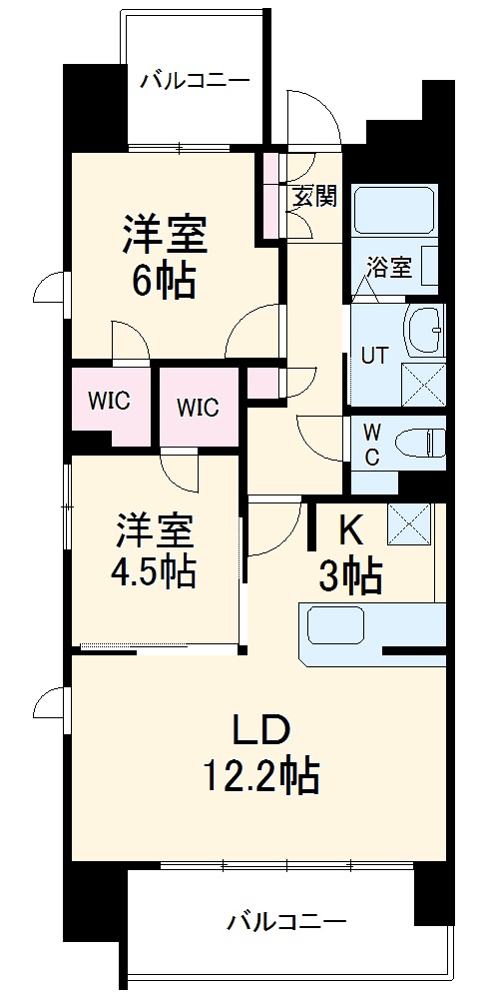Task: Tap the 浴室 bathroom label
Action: click(389, 267)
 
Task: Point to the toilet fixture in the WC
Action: click(420, 442)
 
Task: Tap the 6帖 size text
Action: click(164, 284)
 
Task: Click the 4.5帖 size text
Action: click(154, 570)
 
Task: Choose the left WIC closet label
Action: click(109, 402)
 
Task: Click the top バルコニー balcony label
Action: click(194, 80)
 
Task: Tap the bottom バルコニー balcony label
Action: click(285, 918)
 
